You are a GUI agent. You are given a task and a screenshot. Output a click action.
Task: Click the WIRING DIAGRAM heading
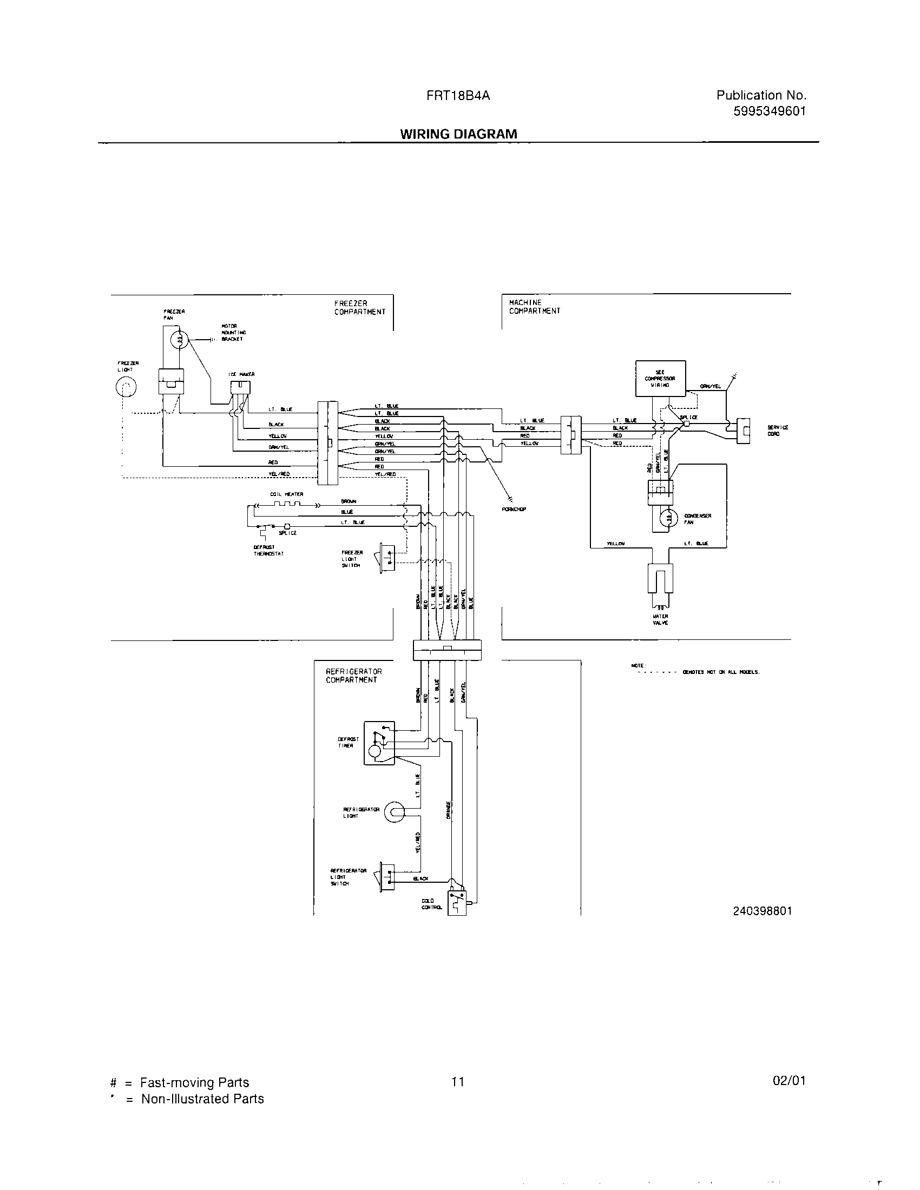[458, 134]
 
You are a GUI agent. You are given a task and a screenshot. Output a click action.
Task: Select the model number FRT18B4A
[458, 96]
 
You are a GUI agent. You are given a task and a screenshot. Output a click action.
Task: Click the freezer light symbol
[126, 388]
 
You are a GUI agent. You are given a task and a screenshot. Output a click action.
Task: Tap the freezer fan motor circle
[179, 341]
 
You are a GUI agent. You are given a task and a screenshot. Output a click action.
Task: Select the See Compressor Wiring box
[660, 378]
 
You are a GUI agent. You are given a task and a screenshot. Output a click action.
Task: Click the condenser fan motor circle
[666, 518]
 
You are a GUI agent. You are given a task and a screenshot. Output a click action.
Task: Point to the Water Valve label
[660, 619]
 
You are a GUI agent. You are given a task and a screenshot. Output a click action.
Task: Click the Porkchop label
[514, 510]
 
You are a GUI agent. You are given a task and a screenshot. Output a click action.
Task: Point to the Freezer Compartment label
[360, 308]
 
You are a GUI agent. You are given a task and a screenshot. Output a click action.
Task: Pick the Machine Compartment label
[534, 307]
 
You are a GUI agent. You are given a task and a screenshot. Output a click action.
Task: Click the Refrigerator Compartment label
[354, 676]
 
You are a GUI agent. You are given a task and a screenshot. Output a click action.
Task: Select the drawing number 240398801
[762, 911]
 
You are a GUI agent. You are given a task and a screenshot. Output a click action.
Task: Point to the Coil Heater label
[286, 494]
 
